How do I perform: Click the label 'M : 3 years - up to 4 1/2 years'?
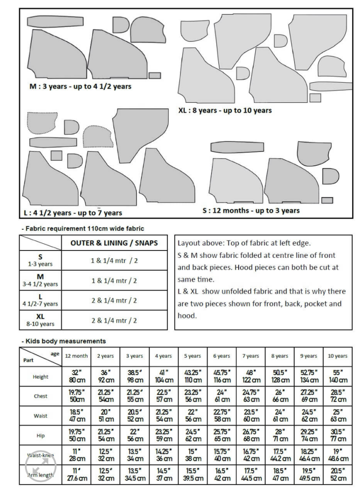click(80, 86)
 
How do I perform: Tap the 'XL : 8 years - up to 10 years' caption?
click(225, 110)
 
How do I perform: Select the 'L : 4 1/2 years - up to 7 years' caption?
click(73, 213)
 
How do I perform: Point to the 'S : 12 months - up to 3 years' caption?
click(251, 210)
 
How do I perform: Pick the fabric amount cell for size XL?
click(114, 320)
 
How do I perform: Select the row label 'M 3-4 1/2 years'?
click(41, 280)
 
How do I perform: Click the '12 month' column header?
click(77, 356)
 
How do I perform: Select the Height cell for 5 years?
click(193, 377)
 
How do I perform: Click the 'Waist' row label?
click(41, 416)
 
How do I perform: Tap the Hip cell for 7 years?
click(251, 435)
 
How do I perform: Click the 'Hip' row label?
click(41, 435)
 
